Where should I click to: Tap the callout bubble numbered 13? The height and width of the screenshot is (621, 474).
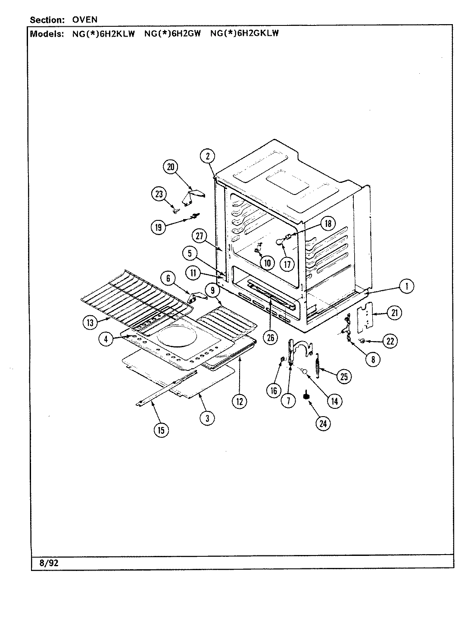pos(90,321)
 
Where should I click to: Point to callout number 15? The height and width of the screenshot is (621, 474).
pos(161,430)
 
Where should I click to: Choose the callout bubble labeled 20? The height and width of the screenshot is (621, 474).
pos(170,167)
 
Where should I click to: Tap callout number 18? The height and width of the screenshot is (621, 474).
pos(328,223)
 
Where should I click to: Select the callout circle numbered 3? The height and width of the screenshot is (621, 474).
pos(207,418)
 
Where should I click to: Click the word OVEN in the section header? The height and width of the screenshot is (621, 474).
pos(84,20)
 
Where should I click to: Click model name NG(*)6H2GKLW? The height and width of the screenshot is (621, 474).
pos(244,34)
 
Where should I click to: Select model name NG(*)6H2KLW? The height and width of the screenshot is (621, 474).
pos(103,34)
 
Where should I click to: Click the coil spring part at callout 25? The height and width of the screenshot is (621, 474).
pos(318,366)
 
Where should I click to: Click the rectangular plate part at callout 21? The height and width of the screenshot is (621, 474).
pos(365,316)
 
